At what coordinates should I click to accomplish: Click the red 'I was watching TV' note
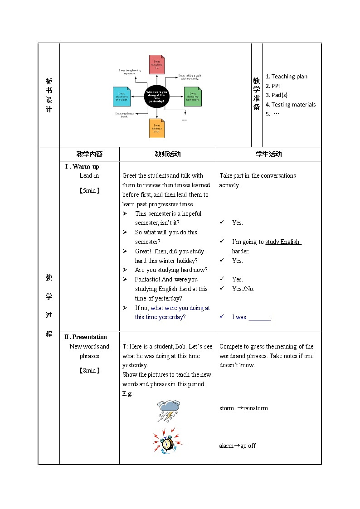coord(157,64)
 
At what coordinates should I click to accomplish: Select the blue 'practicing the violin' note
coord(122,97)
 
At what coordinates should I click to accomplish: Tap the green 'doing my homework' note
coord(193,97)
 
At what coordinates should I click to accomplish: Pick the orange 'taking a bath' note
coord(157,128)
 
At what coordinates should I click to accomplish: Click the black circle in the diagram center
coord(156,97)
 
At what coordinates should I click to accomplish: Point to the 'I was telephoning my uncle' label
coord(130,72)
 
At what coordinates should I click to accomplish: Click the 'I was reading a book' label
coord(124,115)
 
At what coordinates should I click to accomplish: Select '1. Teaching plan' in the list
coord(287,77)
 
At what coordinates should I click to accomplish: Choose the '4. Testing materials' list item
coord(291,105)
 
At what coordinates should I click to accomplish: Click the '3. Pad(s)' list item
coord(277,95)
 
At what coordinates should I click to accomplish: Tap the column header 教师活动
coord(168,154)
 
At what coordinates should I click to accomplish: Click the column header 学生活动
coord(268,154)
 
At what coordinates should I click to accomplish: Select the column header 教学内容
coord(89,154)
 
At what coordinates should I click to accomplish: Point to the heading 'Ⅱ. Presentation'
coord(86,337)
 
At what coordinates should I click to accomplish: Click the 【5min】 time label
coord(89,190)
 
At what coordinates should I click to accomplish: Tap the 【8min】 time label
coord(89,370)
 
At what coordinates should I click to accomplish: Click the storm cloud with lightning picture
coord(169,411)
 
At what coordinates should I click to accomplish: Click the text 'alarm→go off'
coord(237,446)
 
